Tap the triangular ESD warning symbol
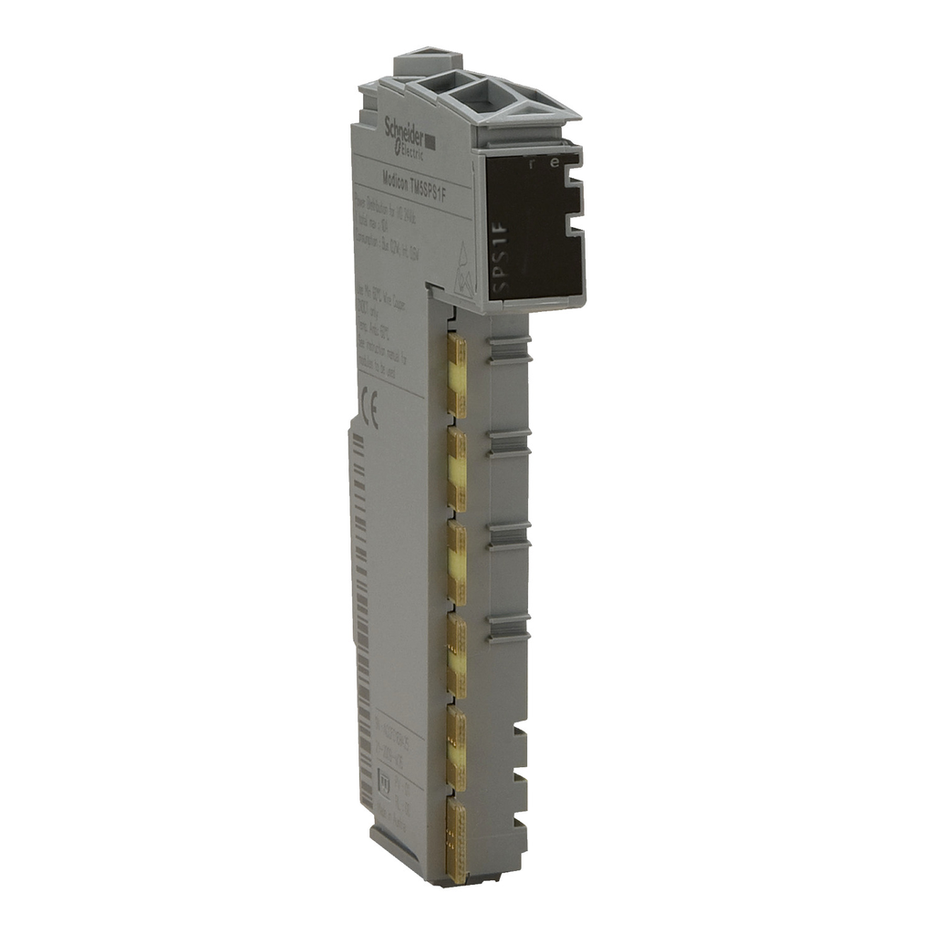pos(464,269)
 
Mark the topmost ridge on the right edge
pos(509,348)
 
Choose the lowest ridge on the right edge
pos(509,628)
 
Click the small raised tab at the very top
pos(416,64)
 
